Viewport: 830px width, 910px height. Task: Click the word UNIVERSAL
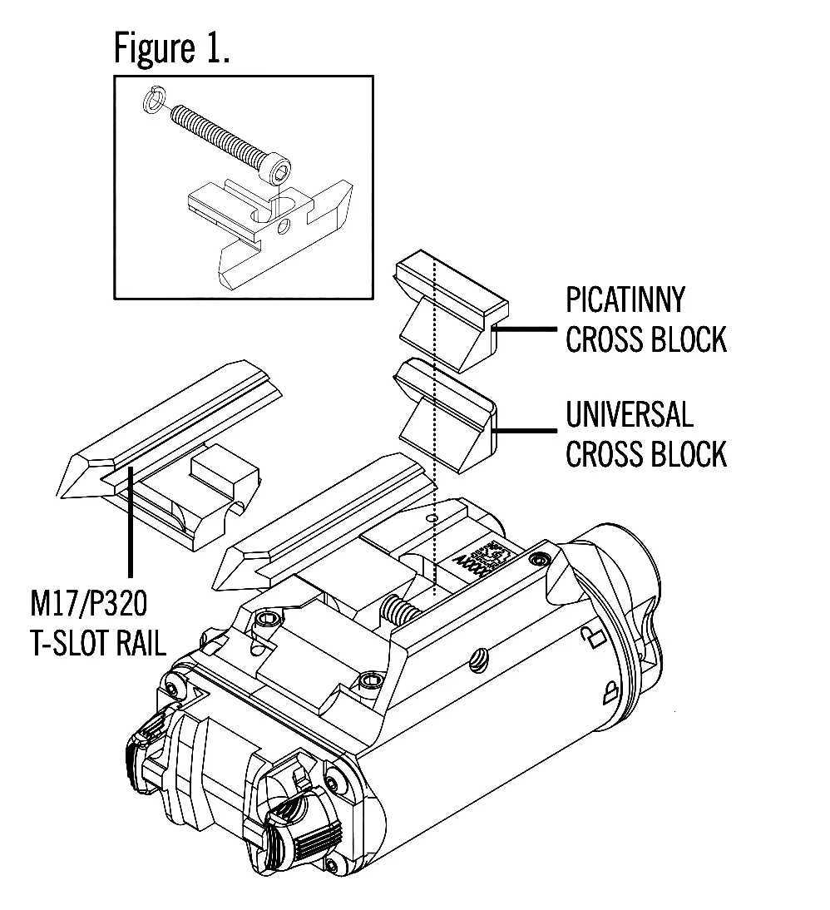(629, 413)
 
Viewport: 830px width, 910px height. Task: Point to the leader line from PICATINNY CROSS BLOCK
(526, 329)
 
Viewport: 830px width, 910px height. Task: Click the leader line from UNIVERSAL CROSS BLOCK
(526, 431)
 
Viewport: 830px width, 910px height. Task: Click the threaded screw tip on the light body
(400, 611)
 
